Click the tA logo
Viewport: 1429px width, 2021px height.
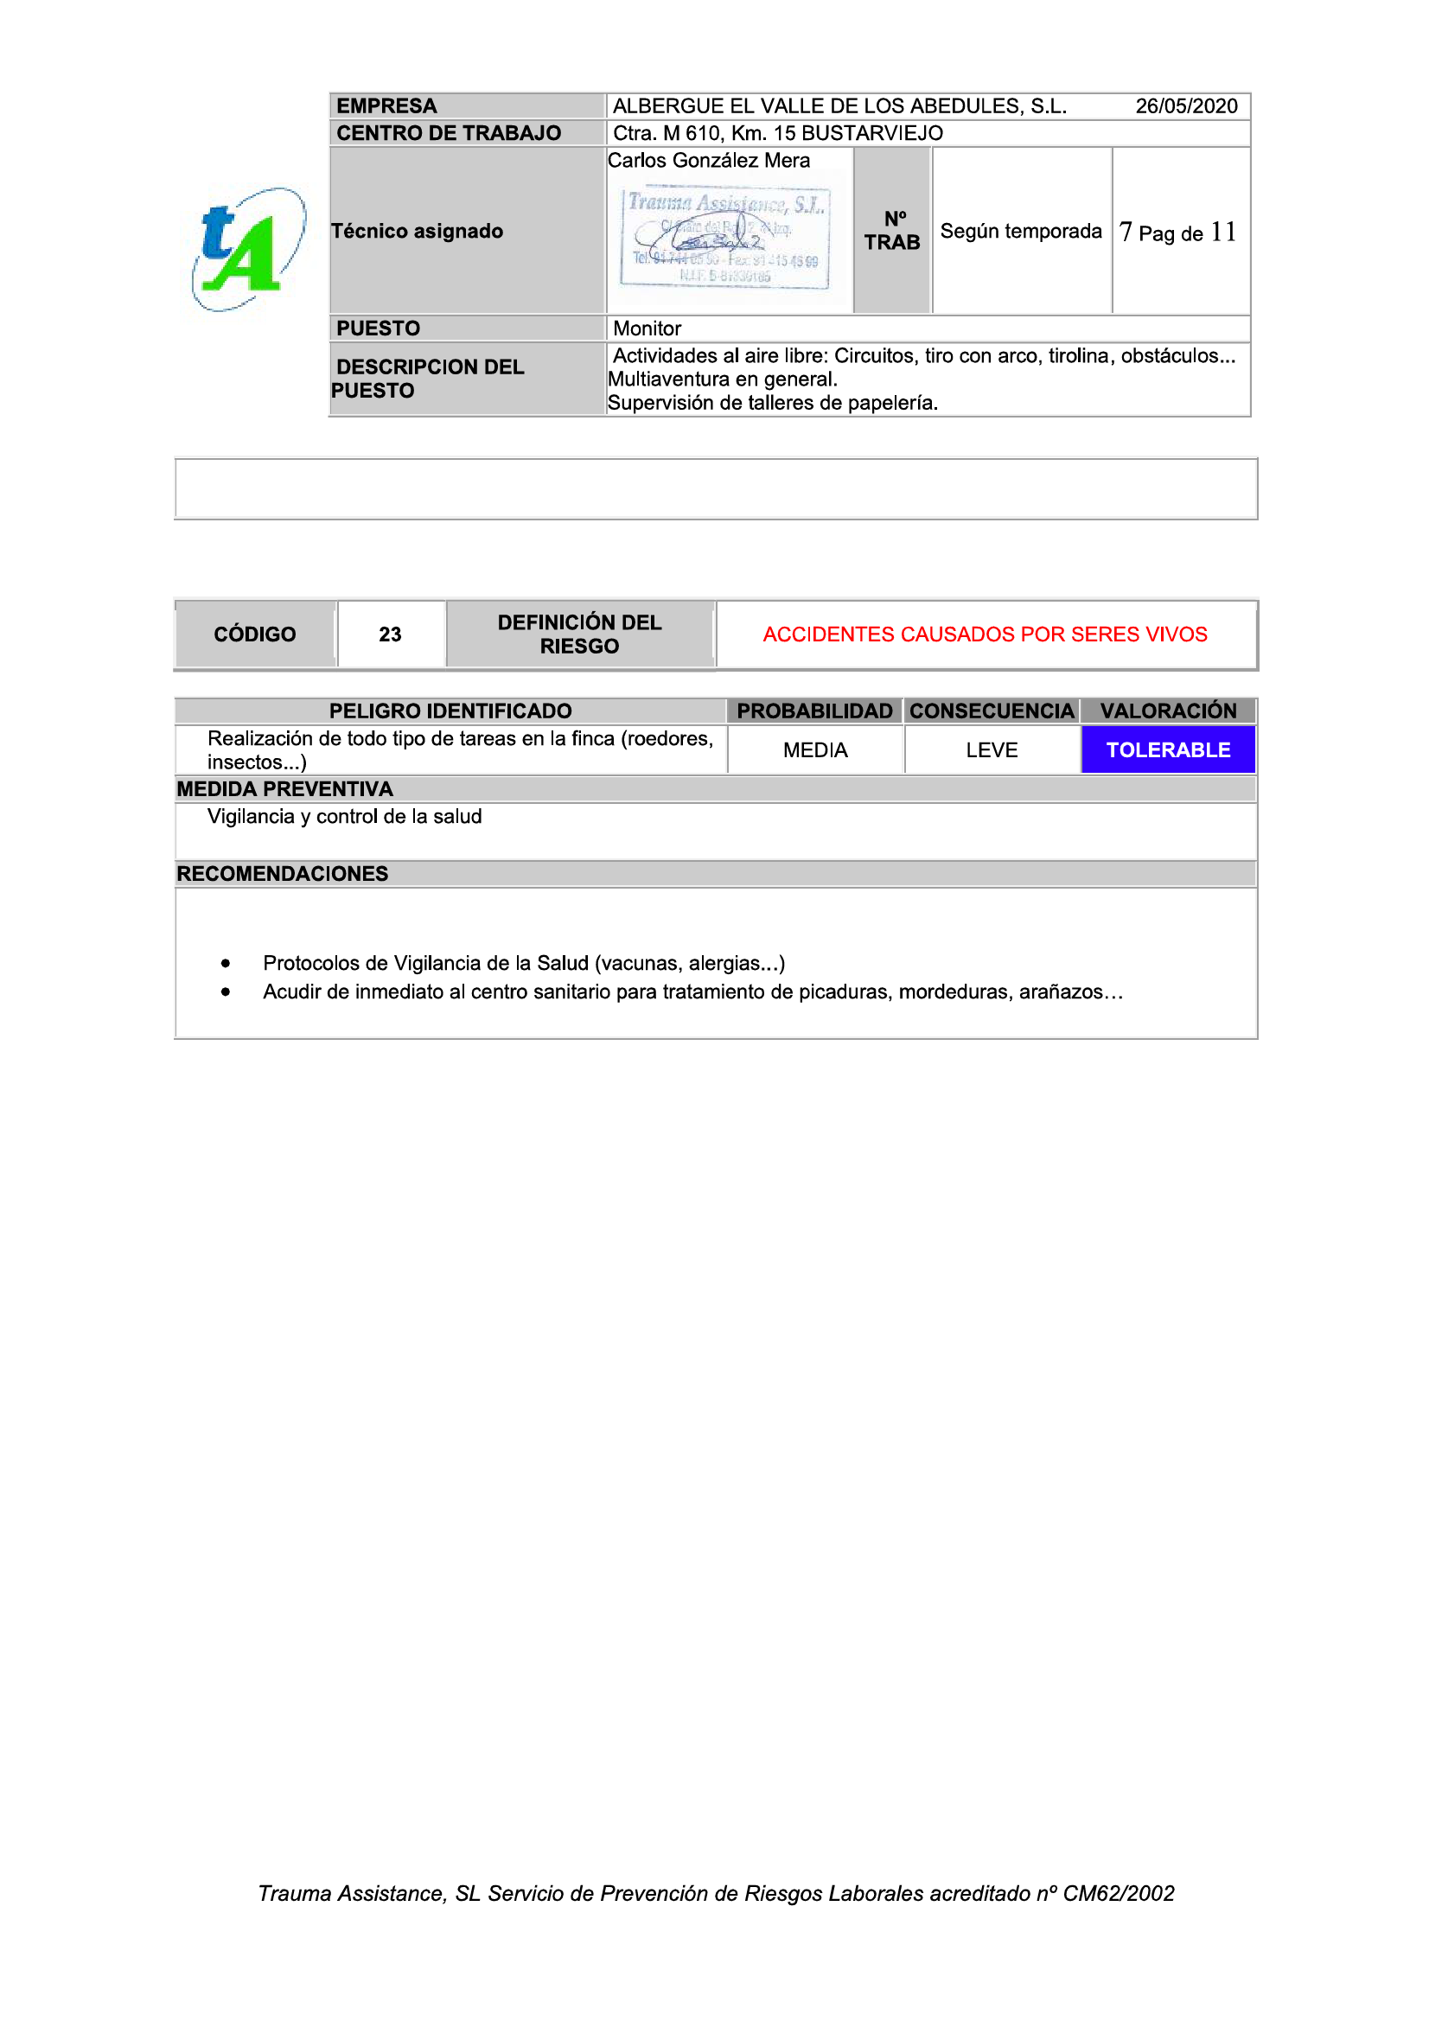[x=247, y=249]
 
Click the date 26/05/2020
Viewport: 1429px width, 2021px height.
[x=1185, y=106]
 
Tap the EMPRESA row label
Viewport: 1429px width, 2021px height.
[x=386, y=106]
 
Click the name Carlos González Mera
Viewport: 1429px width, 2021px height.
[x=708, y=160]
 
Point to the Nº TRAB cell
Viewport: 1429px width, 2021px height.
[x=891, y=231]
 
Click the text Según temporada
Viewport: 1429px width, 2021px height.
[x=1020, y=232]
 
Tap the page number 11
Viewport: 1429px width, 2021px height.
[x=1223, y=233]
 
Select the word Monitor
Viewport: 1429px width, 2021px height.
[x=648, y=328]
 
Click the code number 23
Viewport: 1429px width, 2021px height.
[x=390, y=634]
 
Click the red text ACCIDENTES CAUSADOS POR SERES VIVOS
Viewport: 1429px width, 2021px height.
[x=985, y=634]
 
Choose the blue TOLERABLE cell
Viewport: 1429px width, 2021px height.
[x=1168, y=750]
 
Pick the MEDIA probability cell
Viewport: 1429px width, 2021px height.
[x=814, y=750]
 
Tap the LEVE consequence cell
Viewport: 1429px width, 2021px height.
[x=992, y=750]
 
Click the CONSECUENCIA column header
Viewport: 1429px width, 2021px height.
[x=992, y=711]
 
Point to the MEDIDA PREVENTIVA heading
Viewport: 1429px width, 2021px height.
[x=284, y=788]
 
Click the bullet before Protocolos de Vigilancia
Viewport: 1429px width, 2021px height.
[x=226, y=964]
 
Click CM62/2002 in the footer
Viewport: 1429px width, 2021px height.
[x=1118, y=1893]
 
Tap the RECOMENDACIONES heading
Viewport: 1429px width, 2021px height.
[x=282, y=874]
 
